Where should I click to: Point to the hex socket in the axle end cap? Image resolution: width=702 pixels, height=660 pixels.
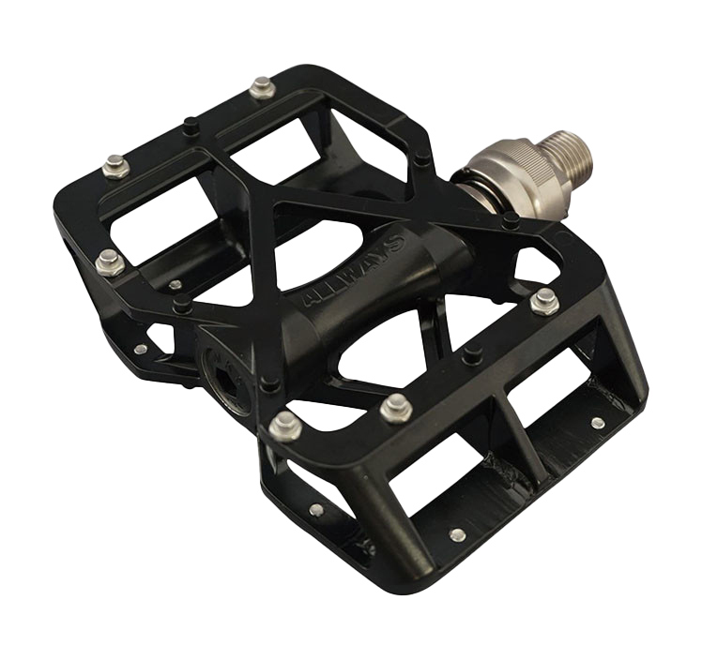pyautogui.click(x=225, y=383)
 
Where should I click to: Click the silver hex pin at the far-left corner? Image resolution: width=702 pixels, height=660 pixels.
pyautogui.click(x=110, y=262)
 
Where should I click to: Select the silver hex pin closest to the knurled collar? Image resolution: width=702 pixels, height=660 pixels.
pyautogui.click(x=544, y=301)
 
